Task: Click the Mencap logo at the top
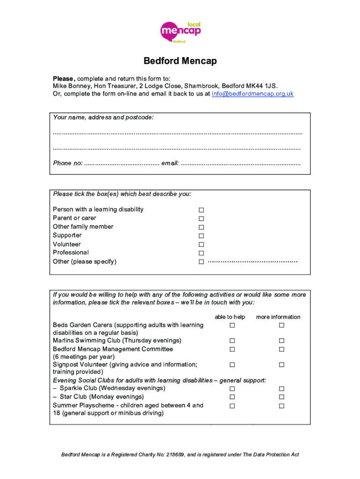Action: (180, 32)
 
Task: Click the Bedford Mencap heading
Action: (180, 61)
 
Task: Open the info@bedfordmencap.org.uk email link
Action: (252, 94)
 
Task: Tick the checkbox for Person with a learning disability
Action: (202, 210)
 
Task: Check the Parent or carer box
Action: (202, 218)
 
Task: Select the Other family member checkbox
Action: (202, 227)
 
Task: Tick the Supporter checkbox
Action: (202, 236)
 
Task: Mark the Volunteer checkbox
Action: (202, 245)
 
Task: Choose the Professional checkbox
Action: (202, 253)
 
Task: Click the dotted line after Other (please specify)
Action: (252, 261)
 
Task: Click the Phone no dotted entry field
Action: (122, 164)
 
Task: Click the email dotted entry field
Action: (240, 164)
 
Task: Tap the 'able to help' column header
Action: (230, 317)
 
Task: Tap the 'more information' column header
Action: (278, 317)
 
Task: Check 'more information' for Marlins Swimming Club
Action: (281, 341)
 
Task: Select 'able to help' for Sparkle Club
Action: (231, 389)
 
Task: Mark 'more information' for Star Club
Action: (281, 397)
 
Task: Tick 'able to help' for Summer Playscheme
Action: (231, 406)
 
